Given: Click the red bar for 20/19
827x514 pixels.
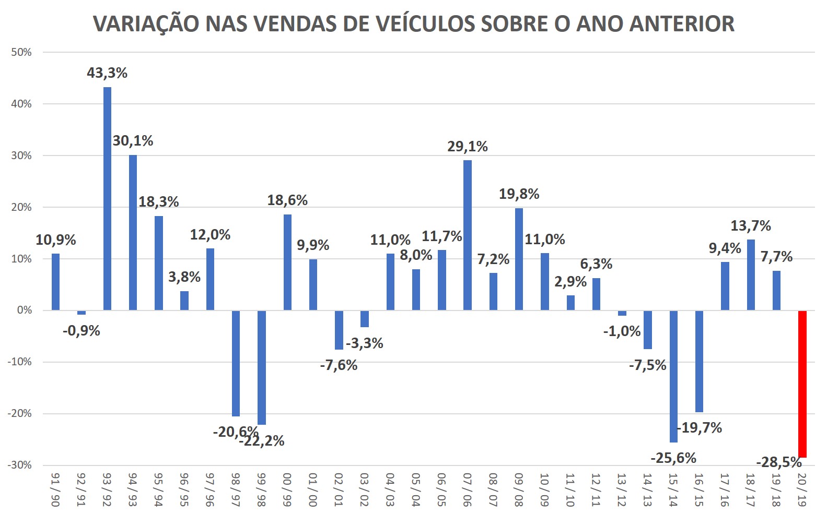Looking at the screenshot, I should pos(802,384).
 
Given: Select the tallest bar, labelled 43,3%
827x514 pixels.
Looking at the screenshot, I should pos(107,198).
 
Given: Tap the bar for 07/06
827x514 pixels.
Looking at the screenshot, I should pos(467,235).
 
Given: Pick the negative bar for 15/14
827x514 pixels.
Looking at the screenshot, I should pos(673,376).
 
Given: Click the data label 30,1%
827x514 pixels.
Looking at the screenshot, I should pos(133,141).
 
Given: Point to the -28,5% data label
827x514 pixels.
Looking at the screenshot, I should pos(778,462).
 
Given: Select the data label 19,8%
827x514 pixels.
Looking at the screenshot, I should pos(519,194).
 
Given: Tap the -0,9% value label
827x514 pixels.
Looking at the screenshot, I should pos(81,331).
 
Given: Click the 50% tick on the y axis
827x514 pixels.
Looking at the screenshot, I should pos(21,52).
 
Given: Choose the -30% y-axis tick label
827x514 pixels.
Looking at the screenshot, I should pos(20,465).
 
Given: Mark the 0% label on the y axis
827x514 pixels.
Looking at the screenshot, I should pos(24,310).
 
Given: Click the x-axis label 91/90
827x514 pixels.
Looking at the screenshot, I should pos(56,489).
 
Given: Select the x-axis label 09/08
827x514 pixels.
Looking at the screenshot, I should pos(519,489).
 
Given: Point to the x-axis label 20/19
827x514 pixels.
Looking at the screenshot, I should pos(802,489).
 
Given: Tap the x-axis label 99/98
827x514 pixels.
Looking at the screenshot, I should pos(261,489).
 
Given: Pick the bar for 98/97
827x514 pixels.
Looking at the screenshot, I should pos(236,363).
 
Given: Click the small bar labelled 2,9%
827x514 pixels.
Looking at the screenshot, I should pos(570,303).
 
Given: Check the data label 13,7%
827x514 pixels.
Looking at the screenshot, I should pos(751,226).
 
